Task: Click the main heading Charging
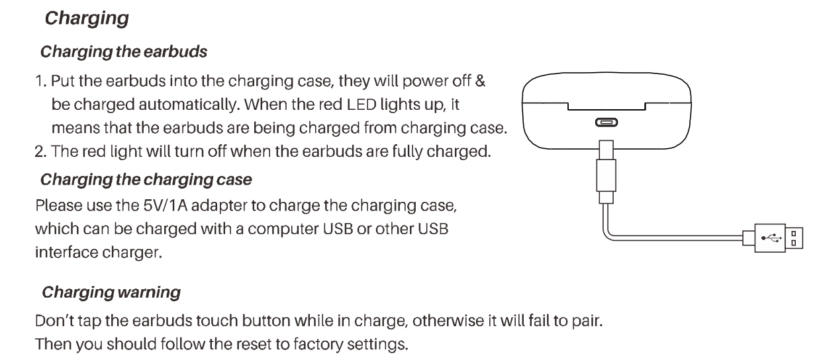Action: (87, 19)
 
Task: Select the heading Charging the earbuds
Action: (124, 52)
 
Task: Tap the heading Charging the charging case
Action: (146, 180)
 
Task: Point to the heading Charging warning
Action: (111, 292)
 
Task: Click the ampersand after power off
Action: (480, 81)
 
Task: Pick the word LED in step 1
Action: (361, 105)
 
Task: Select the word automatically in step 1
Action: (189, 105)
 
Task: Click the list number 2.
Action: (40, 152)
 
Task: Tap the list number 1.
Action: (40, 81)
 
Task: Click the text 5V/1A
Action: (165, 205)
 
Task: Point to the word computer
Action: (283, 230)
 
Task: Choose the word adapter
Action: (219, 206)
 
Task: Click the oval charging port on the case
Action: (606, 122)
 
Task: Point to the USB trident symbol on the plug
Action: (771, 238)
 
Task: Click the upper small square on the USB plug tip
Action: (794, 234)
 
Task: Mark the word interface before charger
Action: (67, 253)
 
